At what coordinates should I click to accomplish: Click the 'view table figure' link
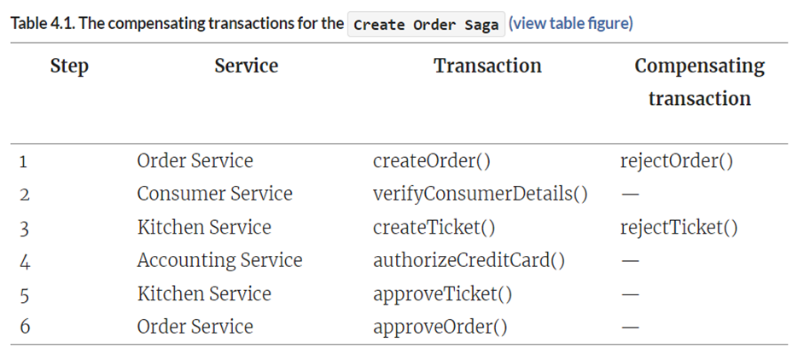570,23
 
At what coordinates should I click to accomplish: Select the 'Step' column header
69,66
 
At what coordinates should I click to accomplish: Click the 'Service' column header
246,66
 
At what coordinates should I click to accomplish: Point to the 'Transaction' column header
487,66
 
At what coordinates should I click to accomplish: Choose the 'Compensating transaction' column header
699,82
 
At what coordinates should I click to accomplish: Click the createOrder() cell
431,160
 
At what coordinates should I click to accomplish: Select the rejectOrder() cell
677,160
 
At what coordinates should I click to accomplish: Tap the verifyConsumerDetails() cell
480,194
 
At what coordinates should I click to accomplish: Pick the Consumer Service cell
214,194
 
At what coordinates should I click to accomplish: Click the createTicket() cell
434,227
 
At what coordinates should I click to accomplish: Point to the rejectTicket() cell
679,227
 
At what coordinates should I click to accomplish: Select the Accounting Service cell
219,260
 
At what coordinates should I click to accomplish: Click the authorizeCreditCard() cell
469,260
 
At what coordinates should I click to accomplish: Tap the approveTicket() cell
442,293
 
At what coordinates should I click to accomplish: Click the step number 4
25,261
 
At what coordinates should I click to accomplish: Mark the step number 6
25,328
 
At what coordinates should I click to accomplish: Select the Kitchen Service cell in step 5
204,293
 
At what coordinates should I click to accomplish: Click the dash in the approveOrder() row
631,328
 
